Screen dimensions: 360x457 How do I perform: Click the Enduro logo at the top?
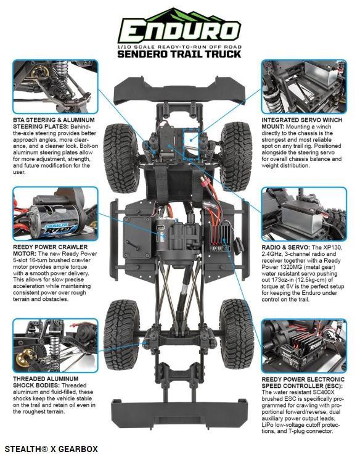pos(179,26)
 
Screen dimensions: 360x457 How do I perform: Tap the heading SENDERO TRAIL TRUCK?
pos(179,54)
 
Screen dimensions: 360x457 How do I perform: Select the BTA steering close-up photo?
pos(55,86)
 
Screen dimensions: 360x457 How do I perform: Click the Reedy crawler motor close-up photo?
pos(55,213)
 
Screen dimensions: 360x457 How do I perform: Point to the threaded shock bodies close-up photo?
pos(55,345)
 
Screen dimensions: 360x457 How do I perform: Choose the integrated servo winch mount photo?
pos(304,86)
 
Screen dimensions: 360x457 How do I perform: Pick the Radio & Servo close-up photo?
pos(304,213)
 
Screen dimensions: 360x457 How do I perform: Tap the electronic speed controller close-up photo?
pos(304,345)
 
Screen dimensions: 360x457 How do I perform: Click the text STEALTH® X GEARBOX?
pos(51,449)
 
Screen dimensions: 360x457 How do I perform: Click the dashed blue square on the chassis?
pos(190,144)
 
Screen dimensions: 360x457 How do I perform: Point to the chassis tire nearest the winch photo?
pos(236,157)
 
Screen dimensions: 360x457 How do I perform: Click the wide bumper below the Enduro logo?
pos(180,91)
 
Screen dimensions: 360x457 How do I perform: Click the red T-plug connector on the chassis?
pos(205,181)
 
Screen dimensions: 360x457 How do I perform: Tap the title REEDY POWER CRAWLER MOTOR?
pos(50,250)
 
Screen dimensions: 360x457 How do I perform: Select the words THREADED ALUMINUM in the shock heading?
pos(46,379)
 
